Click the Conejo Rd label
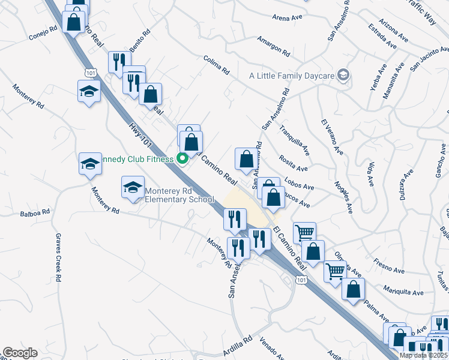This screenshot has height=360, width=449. click(x=43, y=33)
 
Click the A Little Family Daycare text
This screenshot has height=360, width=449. click(x=292, y=76)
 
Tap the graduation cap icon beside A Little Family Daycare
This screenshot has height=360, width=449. click(x=343, y=76)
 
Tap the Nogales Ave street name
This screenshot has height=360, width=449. click(x=344, y=199)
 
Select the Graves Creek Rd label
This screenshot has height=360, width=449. click(x=58, y=257)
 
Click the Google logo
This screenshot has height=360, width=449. click(x=20, y=353)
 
